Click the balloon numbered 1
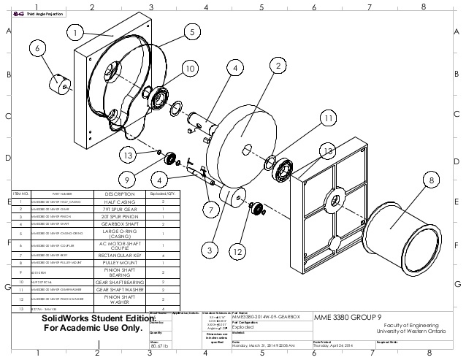point(75,31)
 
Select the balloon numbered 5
point(191,31)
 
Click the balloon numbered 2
point(277,66)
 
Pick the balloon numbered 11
point(329,118)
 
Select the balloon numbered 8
point(432,179)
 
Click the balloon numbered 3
point(210,249)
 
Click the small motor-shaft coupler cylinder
point(57,82)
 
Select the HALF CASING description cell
point(121,202)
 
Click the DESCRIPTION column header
point(121,194)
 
